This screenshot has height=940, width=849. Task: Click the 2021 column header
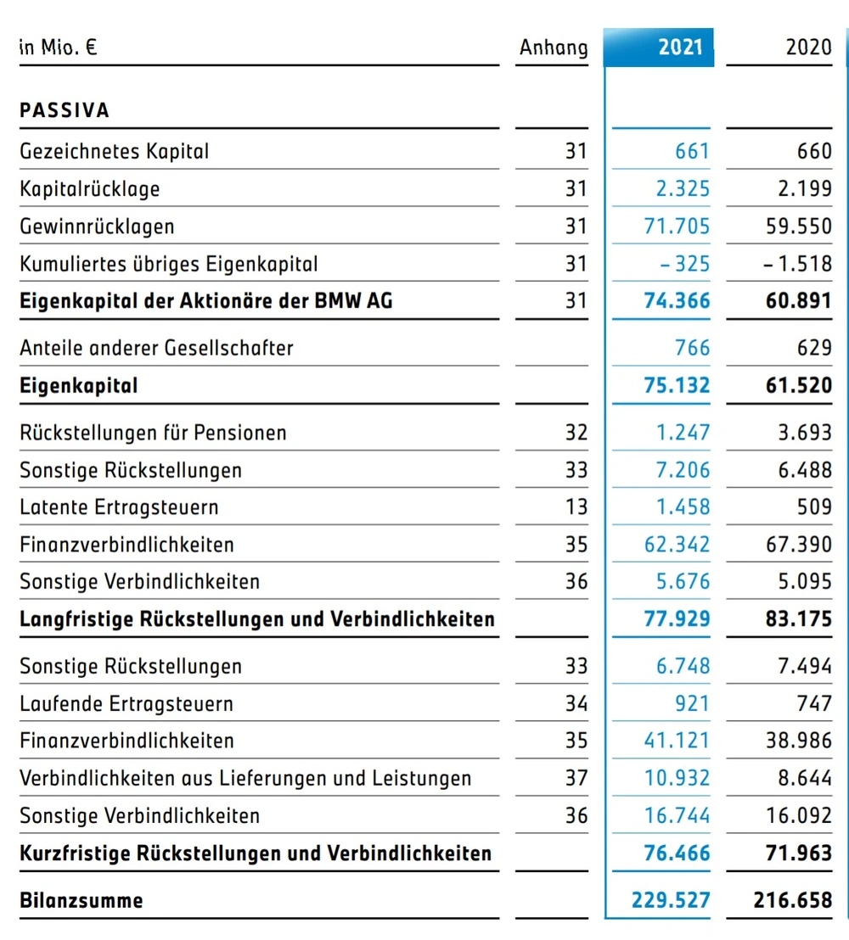click(x=680, y=47)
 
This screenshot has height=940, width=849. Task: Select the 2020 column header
click(x=807, y=47)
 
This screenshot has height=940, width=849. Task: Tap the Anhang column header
click(x=554, y=48)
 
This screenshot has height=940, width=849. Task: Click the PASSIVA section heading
click(x=65, y=110)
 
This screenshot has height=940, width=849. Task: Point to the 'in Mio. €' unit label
click(x=58, y=48)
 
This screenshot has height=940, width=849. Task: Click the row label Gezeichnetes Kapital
click(x=114, y=152)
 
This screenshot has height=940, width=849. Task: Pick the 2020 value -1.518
click(x=797, y=264)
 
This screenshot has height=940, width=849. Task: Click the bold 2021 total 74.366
click(x=677, y=301)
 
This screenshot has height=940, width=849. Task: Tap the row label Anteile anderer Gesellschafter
click(x=156, y=348)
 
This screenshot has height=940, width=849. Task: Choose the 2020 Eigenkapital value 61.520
click(x=799, y=386)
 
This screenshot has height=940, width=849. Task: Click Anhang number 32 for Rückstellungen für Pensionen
click(x=576, y=433)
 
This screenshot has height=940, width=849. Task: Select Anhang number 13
click(x=576, y=507)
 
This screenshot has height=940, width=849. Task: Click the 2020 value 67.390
click(x=799, y=545)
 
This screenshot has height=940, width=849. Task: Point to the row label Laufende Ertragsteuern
click(x=127, y=703)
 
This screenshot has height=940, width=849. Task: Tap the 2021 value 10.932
click(x=677, y=778)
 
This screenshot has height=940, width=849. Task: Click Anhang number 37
click(x=576, y=778)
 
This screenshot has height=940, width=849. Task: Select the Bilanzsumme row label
click(x=82, y=900)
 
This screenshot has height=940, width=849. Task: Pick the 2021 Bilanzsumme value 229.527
click(x=671, y=900)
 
